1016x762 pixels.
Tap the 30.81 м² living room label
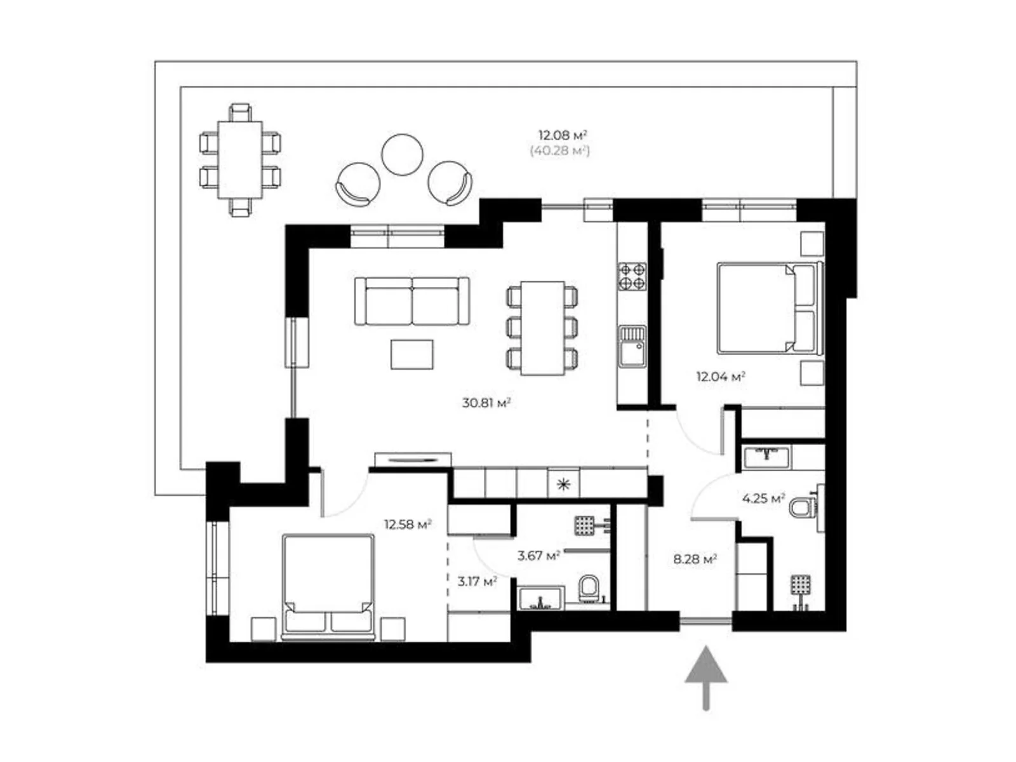486,403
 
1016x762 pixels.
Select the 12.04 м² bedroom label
720,377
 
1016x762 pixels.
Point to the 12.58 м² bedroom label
407,525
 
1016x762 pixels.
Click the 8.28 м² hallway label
695,559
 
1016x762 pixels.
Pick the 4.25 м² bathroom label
763,498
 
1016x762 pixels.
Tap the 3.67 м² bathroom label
538,556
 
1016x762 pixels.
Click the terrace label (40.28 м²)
559,151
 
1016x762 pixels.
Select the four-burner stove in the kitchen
632,276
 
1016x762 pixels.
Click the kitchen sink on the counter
632,346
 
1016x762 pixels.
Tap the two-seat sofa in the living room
412,301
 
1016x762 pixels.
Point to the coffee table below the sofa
412,354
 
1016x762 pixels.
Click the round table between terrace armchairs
402,156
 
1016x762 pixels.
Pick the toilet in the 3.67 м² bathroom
589,588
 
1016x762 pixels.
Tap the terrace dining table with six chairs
239,160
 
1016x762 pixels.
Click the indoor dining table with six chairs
542,328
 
